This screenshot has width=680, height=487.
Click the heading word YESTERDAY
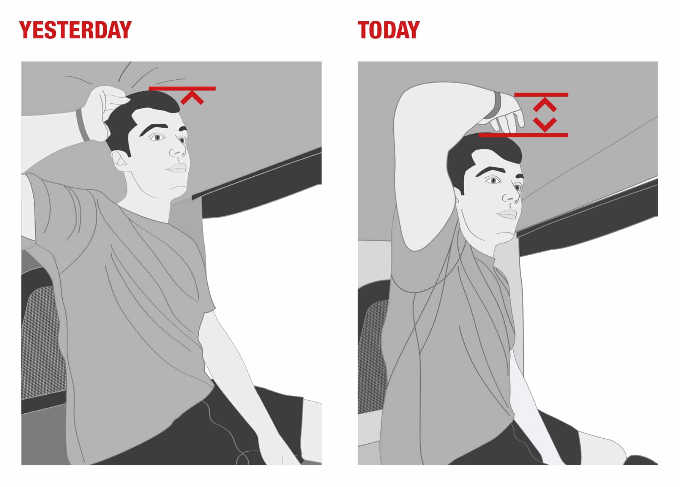[75, 30]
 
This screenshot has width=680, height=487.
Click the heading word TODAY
[388, 30]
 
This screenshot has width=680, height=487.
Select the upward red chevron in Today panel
[545, 104]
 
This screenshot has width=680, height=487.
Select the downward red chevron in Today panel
[545, 125]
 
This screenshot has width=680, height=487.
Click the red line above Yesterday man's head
[182, 89]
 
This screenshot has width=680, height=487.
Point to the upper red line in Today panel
[541, 95]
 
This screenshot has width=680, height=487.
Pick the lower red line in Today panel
[523, 135]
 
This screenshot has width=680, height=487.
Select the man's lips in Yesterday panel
[177, 168]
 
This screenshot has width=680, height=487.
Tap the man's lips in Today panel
[507, 215]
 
